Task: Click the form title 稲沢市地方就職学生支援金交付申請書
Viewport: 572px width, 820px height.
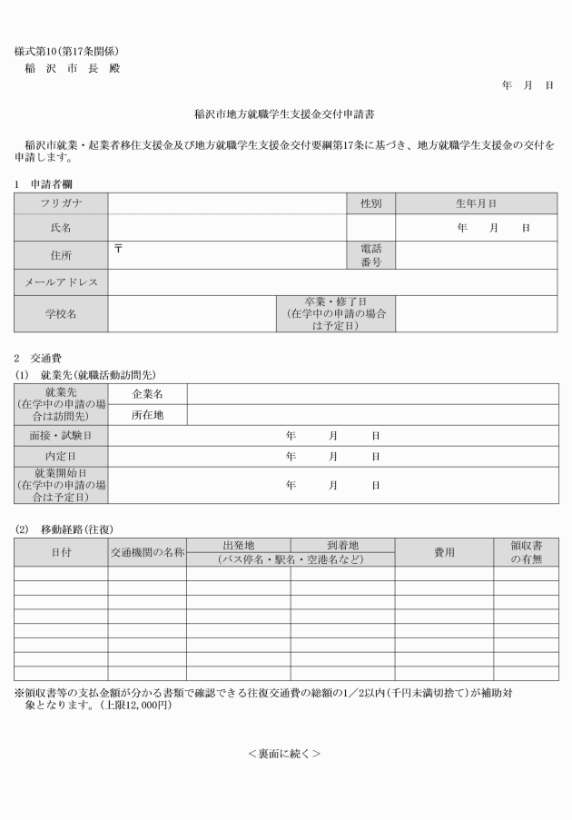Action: pyautogui.click(x=285, y=115)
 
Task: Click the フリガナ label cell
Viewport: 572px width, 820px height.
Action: pyautogui.click(x=61, y=203)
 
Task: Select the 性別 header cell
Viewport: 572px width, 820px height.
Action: pyautogui.click(x=370, y=203)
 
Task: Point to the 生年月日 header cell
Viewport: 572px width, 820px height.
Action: pyautogui.click(x=476, y=203)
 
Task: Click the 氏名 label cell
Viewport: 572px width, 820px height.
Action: pyautogui.click(x=61, y=227)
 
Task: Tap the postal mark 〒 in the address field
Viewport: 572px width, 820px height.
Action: pyautogui.click(x=118, y=247)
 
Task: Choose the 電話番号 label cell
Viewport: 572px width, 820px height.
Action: pyautogui.click(x=370, y=254)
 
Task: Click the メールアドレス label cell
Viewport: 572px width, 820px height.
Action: pyautogui.click(x=61, y=282)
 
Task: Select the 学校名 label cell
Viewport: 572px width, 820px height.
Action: pyautogui.click(x=61, y=313)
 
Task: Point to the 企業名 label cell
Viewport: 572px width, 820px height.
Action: pyautogui.click(x=147, y=394)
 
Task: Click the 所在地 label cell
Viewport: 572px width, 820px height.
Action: pyautogui.click(x=147, y=415)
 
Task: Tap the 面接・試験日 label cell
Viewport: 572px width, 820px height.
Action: pyautogui.click(x=61, y=436)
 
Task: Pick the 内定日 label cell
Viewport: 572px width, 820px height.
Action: pyautogui.click(x=61, y=455)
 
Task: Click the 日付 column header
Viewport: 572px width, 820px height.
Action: pyautogui.click(x=61, y=552)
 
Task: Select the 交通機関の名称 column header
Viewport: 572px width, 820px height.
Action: pyautogui.click(x=147, y=552)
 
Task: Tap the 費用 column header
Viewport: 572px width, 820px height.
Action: pyautogui.click(x=444, y=552)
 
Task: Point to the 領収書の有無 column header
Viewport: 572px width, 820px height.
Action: pyautogui.click(x=526, y=552)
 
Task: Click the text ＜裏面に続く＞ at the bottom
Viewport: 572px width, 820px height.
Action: pyautogui.click(x=284, y=754)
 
